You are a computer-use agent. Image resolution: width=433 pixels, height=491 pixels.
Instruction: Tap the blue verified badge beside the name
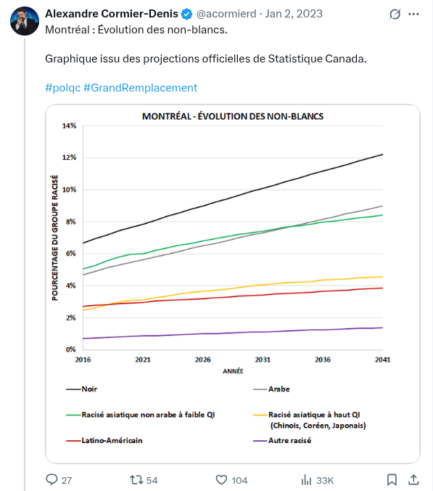click(x=186, y=14)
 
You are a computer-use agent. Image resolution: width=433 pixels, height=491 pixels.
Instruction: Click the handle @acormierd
click(x=227, y=14)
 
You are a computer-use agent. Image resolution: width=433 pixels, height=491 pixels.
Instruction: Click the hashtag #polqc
click(x=62, y=87)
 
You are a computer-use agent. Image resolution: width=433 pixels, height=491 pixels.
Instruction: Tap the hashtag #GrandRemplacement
click(x=140, y=87)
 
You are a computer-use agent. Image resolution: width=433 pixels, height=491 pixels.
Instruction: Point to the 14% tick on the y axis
click(x=69, y=126)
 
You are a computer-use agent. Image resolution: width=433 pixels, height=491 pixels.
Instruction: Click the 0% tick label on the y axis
click(x=70, y=349)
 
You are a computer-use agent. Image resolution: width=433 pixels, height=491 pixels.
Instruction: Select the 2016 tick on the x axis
click(x=83, y=360)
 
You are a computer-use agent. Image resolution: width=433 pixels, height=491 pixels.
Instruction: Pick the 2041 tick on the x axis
click(x=382, y=360)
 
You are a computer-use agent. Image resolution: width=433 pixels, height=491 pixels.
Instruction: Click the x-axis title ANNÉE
click(x=233, y=370)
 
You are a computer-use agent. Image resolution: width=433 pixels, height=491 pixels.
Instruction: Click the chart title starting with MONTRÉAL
click(x=233, y=116)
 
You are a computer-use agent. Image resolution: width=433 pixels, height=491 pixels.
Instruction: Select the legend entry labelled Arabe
click(x=279, y=389)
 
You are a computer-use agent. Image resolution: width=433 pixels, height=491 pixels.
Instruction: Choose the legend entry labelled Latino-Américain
click(x=112, y=440)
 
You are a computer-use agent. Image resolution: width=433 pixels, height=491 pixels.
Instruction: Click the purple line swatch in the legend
click(x=256, y=440)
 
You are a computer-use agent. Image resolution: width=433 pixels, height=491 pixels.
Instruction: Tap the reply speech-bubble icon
click(x=51, y=480)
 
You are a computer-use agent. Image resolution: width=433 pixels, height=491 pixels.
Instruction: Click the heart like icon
click(x=223, y=480)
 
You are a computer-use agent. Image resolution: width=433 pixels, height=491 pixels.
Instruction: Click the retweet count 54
click(x=152, y=480)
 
